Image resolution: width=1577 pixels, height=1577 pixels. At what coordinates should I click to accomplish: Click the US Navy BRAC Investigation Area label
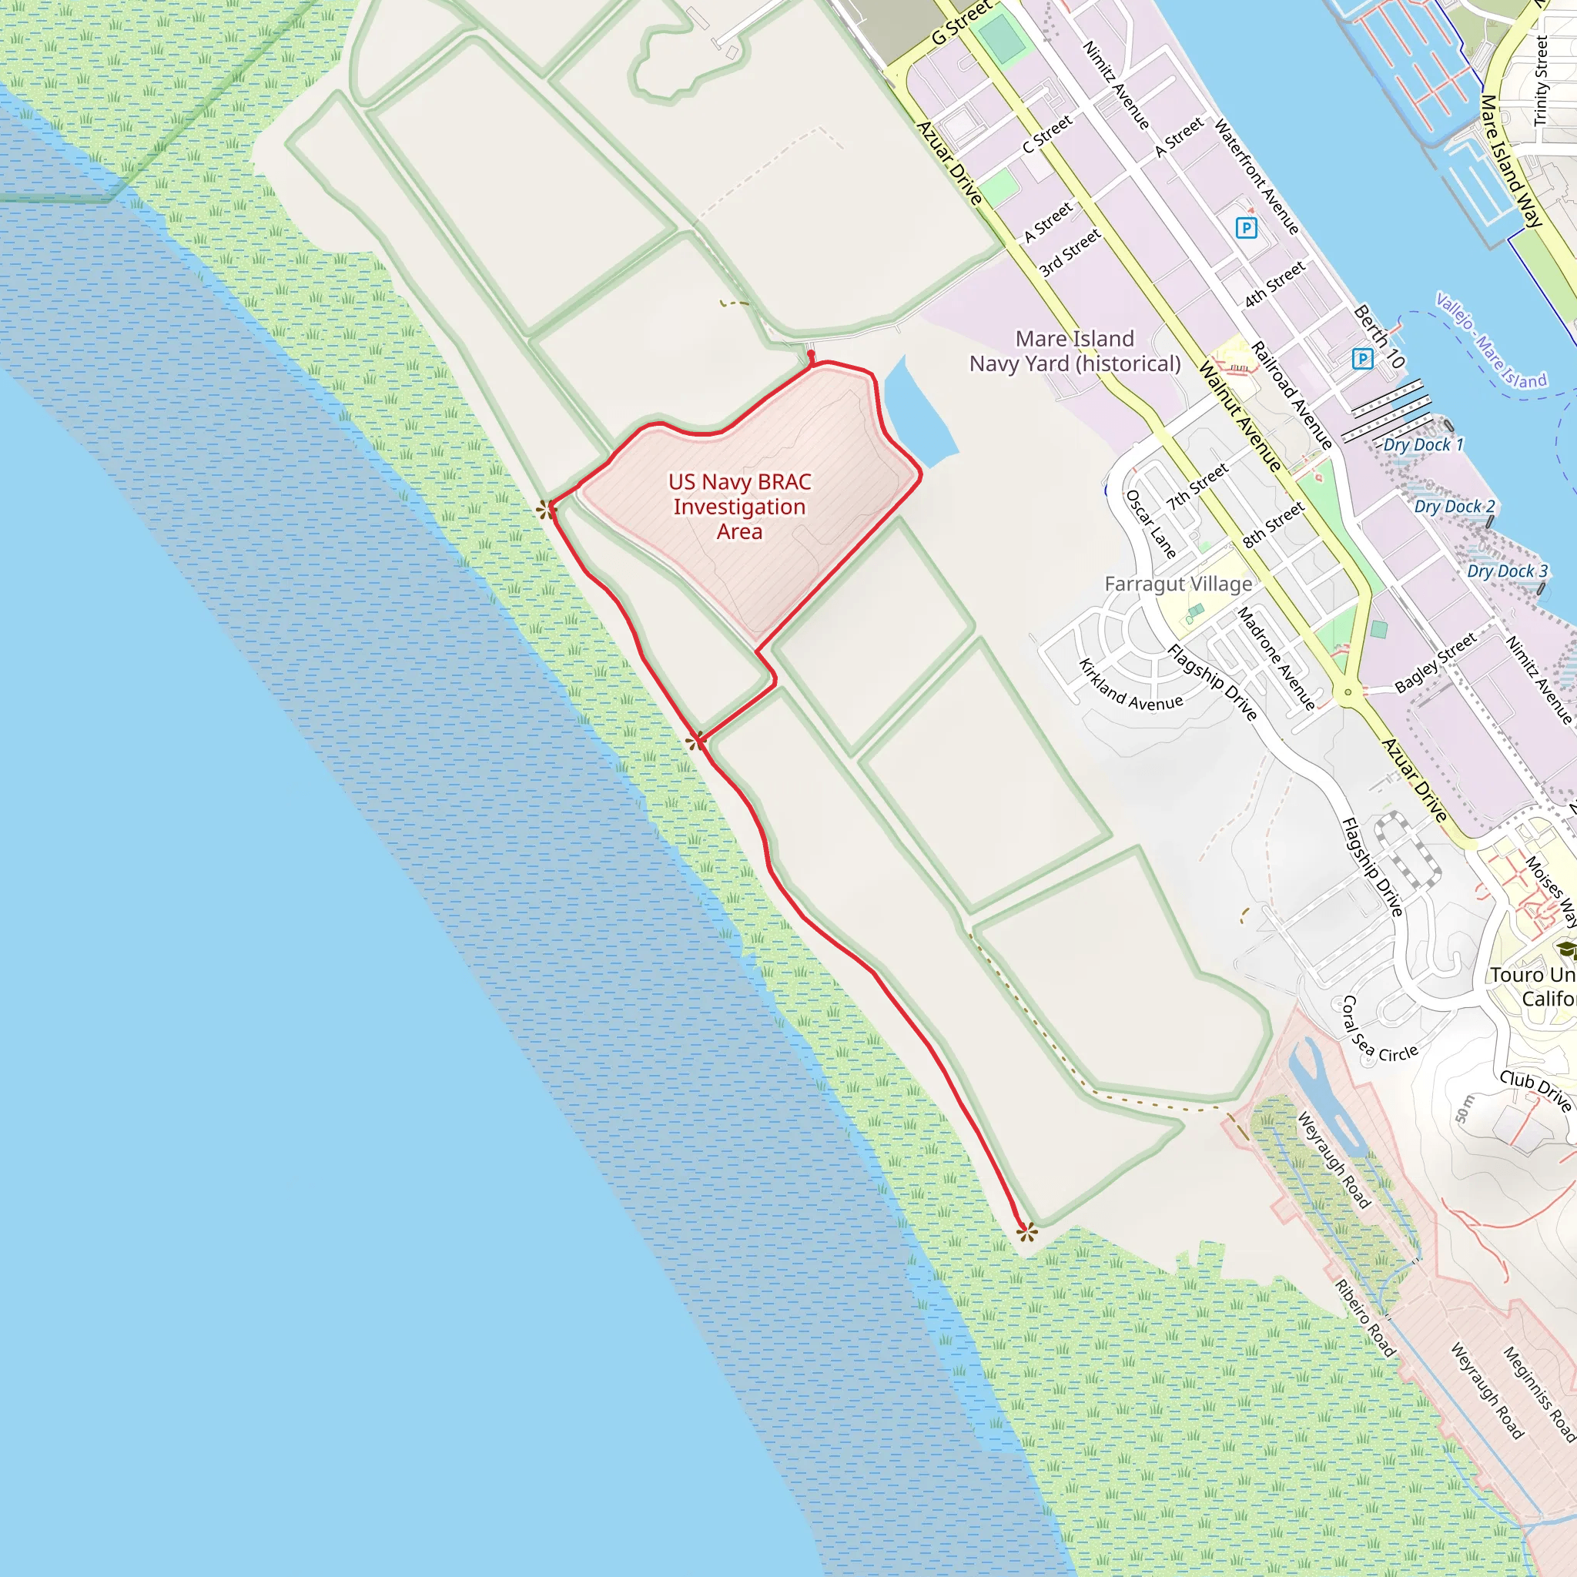[x=739, y=507]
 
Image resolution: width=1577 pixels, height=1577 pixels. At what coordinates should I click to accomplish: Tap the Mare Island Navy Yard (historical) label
[x=1075, y=352]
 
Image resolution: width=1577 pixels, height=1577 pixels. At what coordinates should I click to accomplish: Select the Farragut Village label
[x=1178, y=584]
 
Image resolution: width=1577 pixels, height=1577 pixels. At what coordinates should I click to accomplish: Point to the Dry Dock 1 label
[x=1424, y=445]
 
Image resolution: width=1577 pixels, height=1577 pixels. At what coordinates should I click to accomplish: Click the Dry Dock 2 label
[x=1455, y=507]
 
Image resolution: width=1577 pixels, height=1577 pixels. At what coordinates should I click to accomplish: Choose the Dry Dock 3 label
[x=1507, y=571]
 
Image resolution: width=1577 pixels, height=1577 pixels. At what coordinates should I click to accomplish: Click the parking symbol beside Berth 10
[x=1362, y=358]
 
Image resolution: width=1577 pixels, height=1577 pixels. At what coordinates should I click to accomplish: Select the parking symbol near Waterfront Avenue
[x=1247, y=228]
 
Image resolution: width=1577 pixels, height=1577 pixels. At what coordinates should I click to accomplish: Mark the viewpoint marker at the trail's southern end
[x=1027, y=1233]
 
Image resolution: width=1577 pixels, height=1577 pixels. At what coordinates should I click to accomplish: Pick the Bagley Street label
[x=1436, y=662]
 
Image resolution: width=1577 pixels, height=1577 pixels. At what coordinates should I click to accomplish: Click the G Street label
[x=962, y=23]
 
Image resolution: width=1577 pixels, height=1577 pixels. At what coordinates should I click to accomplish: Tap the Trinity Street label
[x=1540, y=80]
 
